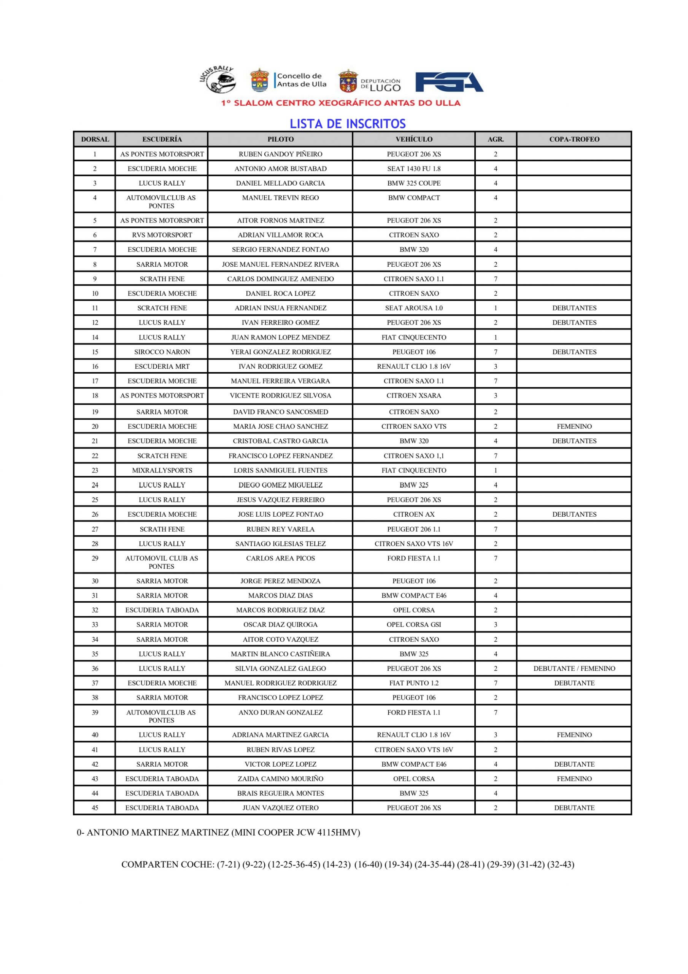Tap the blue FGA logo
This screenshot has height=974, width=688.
[449, 82]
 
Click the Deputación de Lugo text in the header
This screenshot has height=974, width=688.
[380, 85]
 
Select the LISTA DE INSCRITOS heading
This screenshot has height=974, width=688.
[347, 124]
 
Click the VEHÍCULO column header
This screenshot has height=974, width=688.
[413, 139]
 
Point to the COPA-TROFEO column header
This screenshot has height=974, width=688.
[574, 139]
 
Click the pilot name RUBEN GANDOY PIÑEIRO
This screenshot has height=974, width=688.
[280, 154]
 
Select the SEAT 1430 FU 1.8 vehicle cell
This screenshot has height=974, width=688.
[413, 169]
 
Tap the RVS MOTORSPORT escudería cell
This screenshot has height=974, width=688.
[162, 235]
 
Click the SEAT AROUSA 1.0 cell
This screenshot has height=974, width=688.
[413, 308]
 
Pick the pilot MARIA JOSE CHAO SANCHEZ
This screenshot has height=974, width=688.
[280, 427]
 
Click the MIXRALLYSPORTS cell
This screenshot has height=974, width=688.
[162, 470]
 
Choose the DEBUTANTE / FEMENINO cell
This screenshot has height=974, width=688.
[574, 668]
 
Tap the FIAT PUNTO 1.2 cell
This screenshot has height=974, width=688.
[413, 683]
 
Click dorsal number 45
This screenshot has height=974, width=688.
[95, 808]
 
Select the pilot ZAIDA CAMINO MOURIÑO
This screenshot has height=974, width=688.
[280, 778]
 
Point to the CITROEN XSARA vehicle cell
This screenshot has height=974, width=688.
[413, 395]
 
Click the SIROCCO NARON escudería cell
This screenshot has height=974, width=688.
[162, 352]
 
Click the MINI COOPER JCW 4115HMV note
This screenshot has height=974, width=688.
[295, 832]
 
